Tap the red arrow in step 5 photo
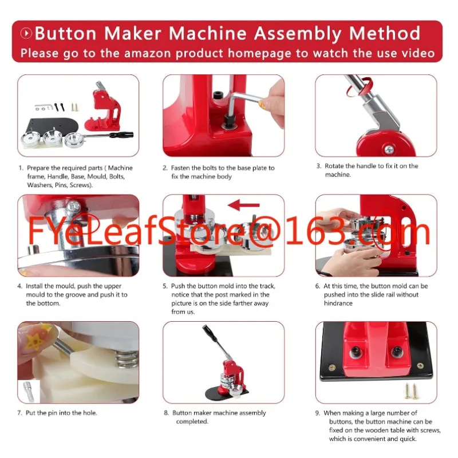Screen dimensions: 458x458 (244, 204)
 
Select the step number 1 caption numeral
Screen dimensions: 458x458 (21, 168)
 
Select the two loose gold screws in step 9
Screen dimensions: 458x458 (410, 389)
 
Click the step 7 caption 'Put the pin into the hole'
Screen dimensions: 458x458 (61, 413)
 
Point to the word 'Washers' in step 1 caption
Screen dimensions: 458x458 (39, 185)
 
